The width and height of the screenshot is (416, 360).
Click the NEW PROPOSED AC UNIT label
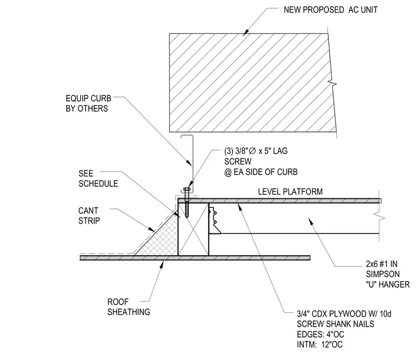[331, 10]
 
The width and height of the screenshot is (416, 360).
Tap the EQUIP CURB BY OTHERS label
[88, 104]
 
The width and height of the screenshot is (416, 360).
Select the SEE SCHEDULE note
[98, 179]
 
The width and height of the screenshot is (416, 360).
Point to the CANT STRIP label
[89, 215]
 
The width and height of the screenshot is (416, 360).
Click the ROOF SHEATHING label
[129, 307]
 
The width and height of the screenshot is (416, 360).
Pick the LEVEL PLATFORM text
[290, 192]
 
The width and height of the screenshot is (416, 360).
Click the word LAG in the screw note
[280, 151]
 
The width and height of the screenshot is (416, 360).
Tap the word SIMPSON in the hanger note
[383, 274]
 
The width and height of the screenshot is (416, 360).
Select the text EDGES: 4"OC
[320, 334]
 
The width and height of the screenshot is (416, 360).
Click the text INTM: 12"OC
[320, 345]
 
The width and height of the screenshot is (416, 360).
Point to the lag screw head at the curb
[187, 189]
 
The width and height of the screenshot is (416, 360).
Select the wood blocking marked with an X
[193, 229]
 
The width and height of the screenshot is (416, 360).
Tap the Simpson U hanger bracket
[215, 221]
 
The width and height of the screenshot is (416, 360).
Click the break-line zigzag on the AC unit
[332, 83]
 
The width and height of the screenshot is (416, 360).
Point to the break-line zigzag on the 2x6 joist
[379, 216]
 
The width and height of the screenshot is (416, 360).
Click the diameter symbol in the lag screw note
[252, 151]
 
